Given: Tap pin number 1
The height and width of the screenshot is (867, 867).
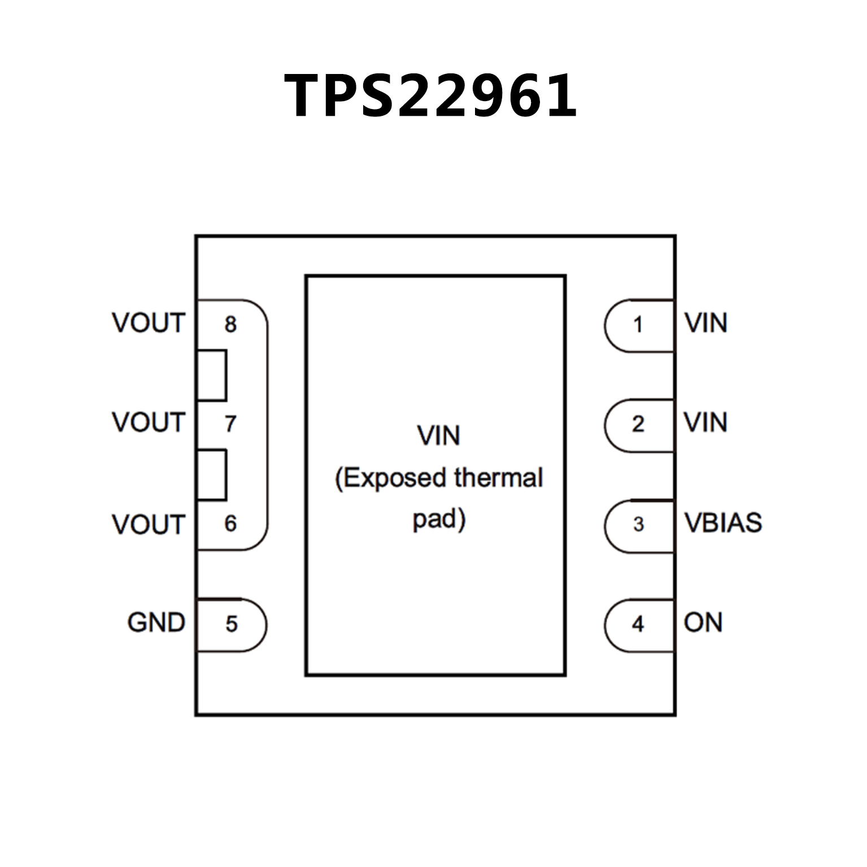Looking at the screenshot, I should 638,325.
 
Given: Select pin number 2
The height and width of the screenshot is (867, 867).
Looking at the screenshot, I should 638,424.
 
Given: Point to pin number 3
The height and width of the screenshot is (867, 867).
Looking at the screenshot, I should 638,524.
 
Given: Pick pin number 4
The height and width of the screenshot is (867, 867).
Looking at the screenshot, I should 638,624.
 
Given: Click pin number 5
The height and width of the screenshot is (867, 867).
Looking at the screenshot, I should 232,624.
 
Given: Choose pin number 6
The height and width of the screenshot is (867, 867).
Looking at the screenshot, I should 230,524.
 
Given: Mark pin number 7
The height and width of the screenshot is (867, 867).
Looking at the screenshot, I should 230,424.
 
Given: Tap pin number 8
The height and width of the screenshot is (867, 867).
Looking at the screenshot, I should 230,324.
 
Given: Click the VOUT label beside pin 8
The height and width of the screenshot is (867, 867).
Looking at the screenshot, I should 149,323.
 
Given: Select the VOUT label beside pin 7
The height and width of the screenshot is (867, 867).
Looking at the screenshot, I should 149,422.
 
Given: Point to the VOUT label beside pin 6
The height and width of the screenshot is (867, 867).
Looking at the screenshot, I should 149,525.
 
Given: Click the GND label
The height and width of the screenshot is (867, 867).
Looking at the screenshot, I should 156,623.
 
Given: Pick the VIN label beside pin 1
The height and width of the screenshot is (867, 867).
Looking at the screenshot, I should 705,323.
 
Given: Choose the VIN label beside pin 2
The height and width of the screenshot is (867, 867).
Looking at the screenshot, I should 705,422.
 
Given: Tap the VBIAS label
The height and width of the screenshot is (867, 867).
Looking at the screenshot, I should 723,523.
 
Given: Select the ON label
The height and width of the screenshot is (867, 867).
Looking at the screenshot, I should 703,622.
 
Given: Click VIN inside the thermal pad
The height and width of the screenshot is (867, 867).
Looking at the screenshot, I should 438,435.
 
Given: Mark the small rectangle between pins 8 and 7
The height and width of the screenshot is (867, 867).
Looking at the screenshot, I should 212,375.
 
